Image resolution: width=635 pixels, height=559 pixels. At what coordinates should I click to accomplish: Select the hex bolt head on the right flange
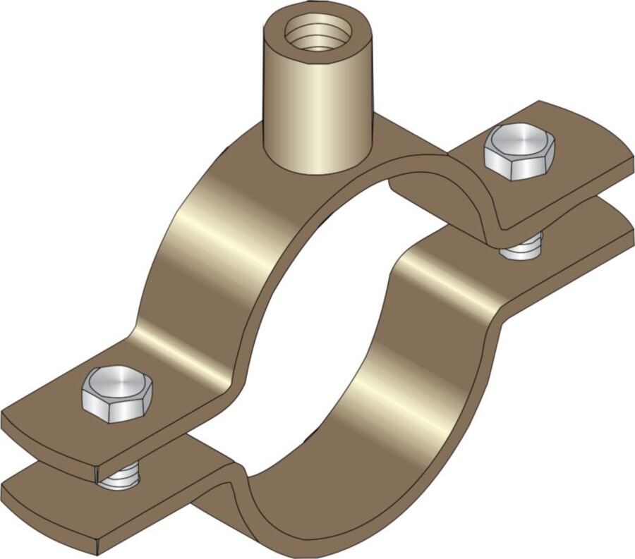pyautogui.click(x=519, y=151)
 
